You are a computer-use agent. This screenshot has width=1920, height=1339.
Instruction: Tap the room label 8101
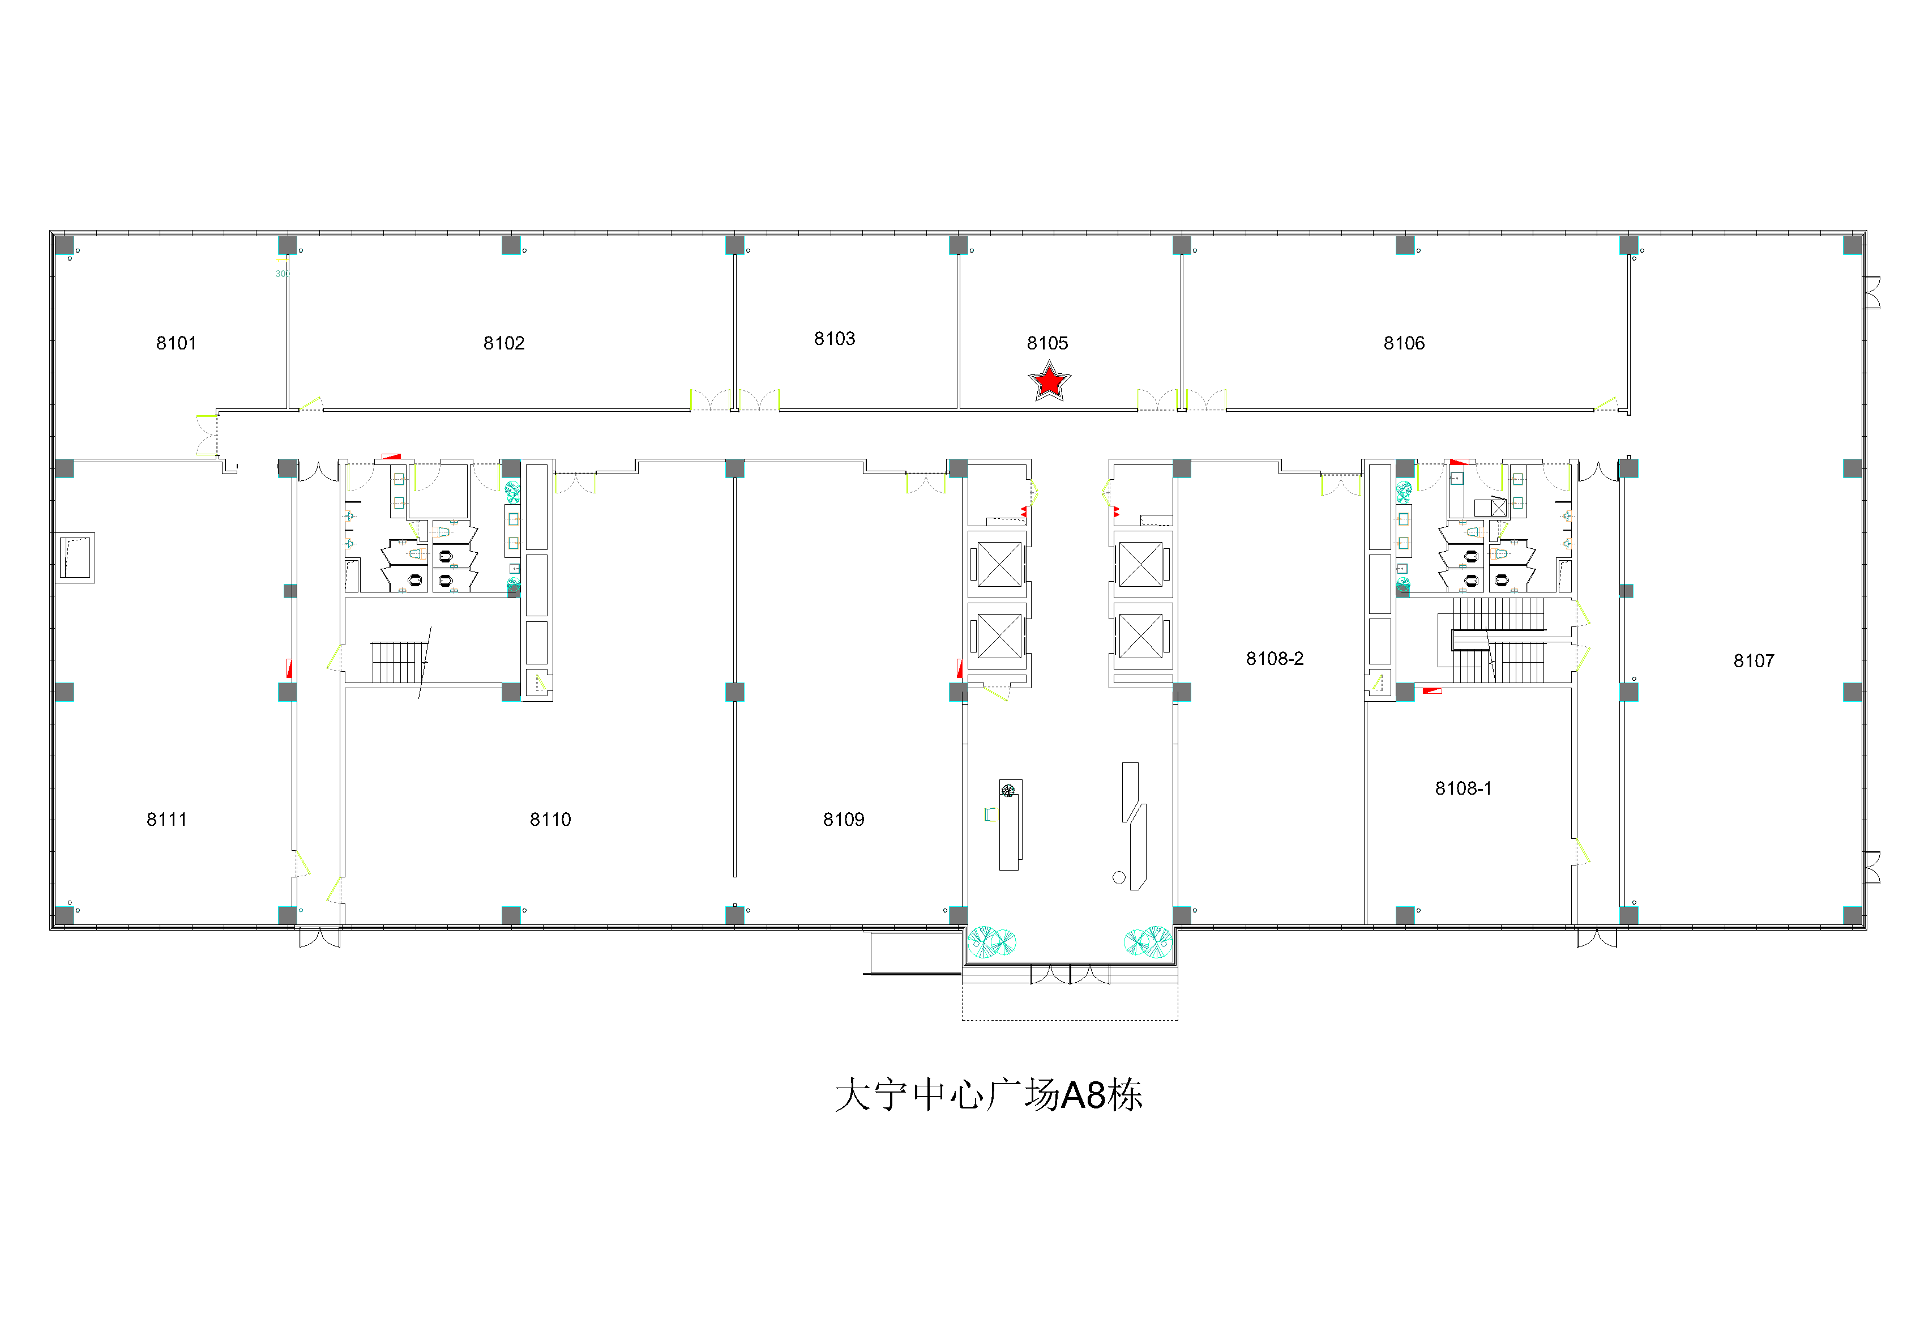coord(177,343)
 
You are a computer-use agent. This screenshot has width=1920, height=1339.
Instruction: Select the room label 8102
coord(504,343)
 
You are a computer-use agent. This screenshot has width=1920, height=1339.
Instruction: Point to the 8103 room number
coord(835,339)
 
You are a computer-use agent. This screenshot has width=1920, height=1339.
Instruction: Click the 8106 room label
coord(1404,343)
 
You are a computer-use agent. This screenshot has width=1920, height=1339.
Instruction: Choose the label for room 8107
coord(1754,660)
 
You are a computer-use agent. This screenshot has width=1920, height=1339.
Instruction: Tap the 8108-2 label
coord(1275,658)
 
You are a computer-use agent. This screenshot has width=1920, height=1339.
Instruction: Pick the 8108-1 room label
coord(1464,788)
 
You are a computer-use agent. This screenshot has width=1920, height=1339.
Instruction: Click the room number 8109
coord(844,820)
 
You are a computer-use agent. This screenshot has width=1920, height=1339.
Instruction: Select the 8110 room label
coord(550,820)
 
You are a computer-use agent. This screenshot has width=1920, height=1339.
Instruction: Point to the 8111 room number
coord(166,820)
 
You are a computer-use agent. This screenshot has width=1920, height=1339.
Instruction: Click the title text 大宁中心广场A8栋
coord(989,1095)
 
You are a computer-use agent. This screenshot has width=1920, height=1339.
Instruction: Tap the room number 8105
coord(1048,343)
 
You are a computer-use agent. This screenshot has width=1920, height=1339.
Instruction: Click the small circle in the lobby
coord(1119,877)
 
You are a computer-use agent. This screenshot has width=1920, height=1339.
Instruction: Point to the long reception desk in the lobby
coord(1010,825)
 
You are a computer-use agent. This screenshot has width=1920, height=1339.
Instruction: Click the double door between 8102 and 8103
coord(735,400)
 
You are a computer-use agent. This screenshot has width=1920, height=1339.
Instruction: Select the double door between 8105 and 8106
coord(1182,400)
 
